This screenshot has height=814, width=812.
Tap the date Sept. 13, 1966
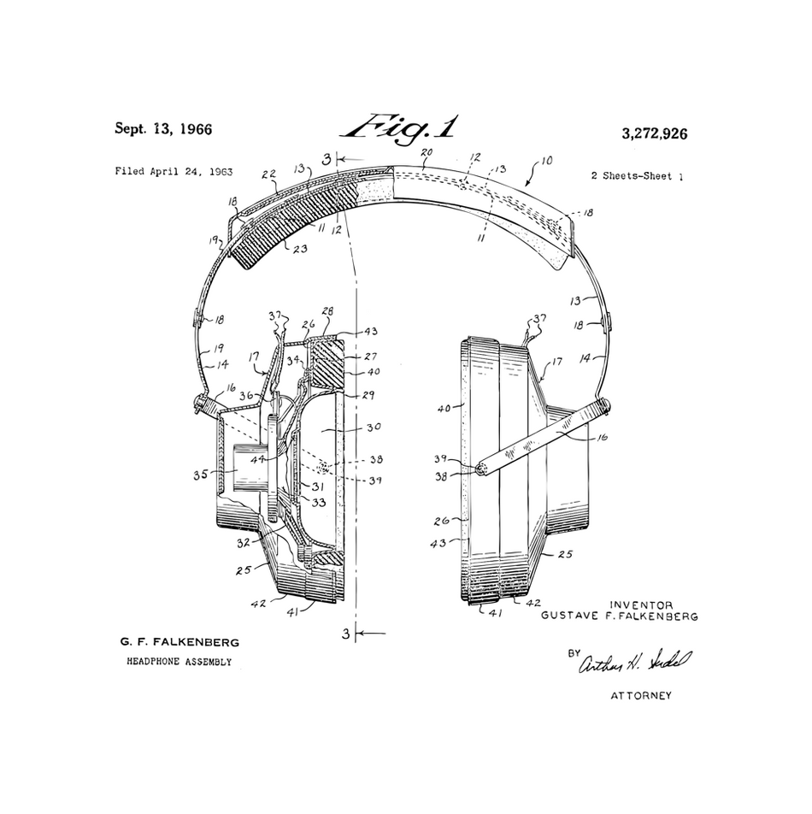[x=163, y=129]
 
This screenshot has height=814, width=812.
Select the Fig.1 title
[x=399, y=127]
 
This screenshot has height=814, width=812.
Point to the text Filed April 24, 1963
[x=174, y=171]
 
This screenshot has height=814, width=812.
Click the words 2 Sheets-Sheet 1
[x=637, y=176]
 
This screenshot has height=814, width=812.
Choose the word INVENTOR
[x=641, y=605]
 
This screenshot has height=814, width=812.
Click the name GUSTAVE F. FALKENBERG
[x=620, y=616]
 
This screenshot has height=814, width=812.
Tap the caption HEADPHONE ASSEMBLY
[x=179, y=661]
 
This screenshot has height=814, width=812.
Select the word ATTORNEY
[x=640, y=695]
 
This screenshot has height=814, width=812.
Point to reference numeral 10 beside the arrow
[x=547, y=160]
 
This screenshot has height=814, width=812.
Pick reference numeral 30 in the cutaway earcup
[x=373, y=427]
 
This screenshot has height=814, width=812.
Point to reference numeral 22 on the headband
[x=268, y=174]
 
